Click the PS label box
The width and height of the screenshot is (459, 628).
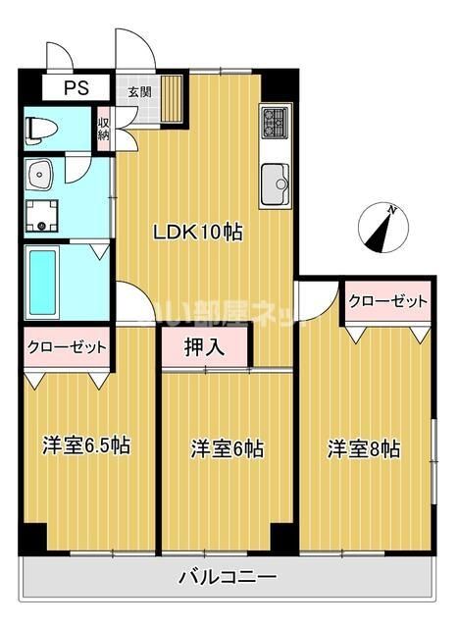76,88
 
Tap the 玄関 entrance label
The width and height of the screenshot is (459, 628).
137,92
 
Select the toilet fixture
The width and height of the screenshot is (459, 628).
43,129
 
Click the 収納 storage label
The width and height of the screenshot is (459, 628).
103,129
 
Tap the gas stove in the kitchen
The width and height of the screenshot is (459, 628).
275,123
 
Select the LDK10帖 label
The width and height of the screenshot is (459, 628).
196,233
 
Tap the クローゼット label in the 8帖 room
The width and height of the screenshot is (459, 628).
387,300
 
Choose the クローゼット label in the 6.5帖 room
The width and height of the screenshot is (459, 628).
67,346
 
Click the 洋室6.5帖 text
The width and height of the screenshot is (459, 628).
86,445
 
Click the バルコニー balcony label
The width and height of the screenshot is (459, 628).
228,576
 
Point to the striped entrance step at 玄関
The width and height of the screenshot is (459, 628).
173,98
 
